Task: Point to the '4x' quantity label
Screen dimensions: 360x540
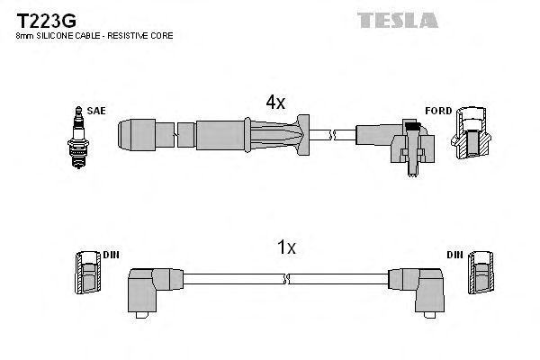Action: pyautogui.click(x=274, y=103)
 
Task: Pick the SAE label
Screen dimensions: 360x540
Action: pyautogui.click(x=97, y=111)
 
